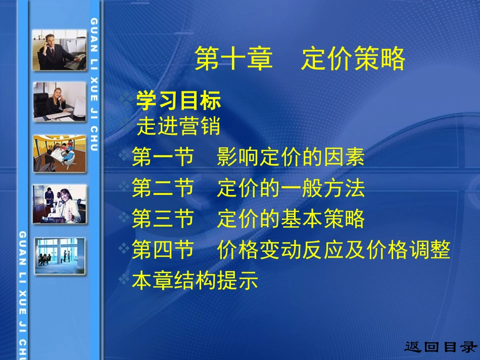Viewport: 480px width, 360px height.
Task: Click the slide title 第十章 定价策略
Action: click(300, 60)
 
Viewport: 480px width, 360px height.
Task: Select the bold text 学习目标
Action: click(178, 101)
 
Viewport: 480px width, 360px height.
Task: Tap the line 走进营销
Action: click(178, 126)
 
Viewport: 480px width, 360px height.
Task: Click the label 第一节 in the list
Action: click(163, 158)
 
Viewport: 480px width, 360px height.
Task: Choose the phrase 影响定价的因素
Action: click(291, 158)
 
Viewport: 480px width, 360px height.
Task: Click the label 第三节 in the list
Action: click(163, 220)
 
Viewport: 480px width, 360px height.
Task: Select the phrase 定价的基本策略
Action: click(291, 220)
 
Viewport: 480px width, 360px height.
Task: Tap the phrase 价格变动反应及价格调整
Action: click(333, 250)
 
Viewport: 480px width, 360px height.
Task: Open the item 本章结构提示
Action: click(195, 280)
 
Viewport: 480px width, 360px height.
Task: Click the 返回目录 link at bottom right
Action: click(440, 347)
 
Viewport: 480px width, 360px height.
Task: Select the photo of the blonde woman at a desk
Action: click(59, 101)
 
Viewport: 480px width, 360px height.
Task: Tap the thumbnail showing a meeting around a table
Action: click(59, 153)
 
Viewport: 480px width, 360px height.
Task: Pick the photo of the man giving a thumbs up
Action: click(59, 204)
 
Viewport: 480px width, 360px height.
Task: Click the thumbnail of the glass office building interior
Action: click(59, 255)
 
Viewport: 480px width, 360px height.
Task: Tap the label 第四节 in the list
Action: click(163, 250)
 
